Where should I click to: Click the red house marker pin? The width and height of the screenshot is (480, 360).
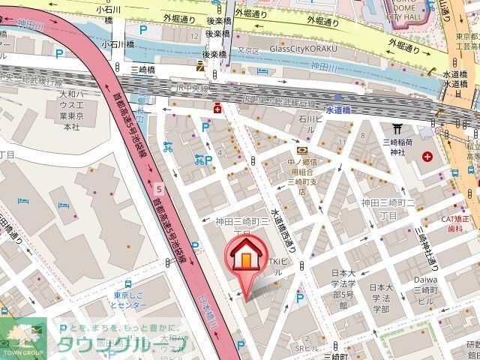click(245, 259)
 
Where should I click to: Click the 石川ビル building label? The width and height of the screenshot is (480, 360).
click(310, 118)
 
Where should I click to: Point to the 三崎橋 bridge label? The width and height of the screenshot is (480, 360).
click(142, 69)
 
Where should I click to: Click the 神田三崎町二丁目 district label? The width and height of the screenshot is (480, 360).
click(389, 208)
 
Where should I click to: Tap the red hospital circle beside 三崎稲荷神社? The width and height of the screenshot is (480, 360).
click(428, 157)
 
